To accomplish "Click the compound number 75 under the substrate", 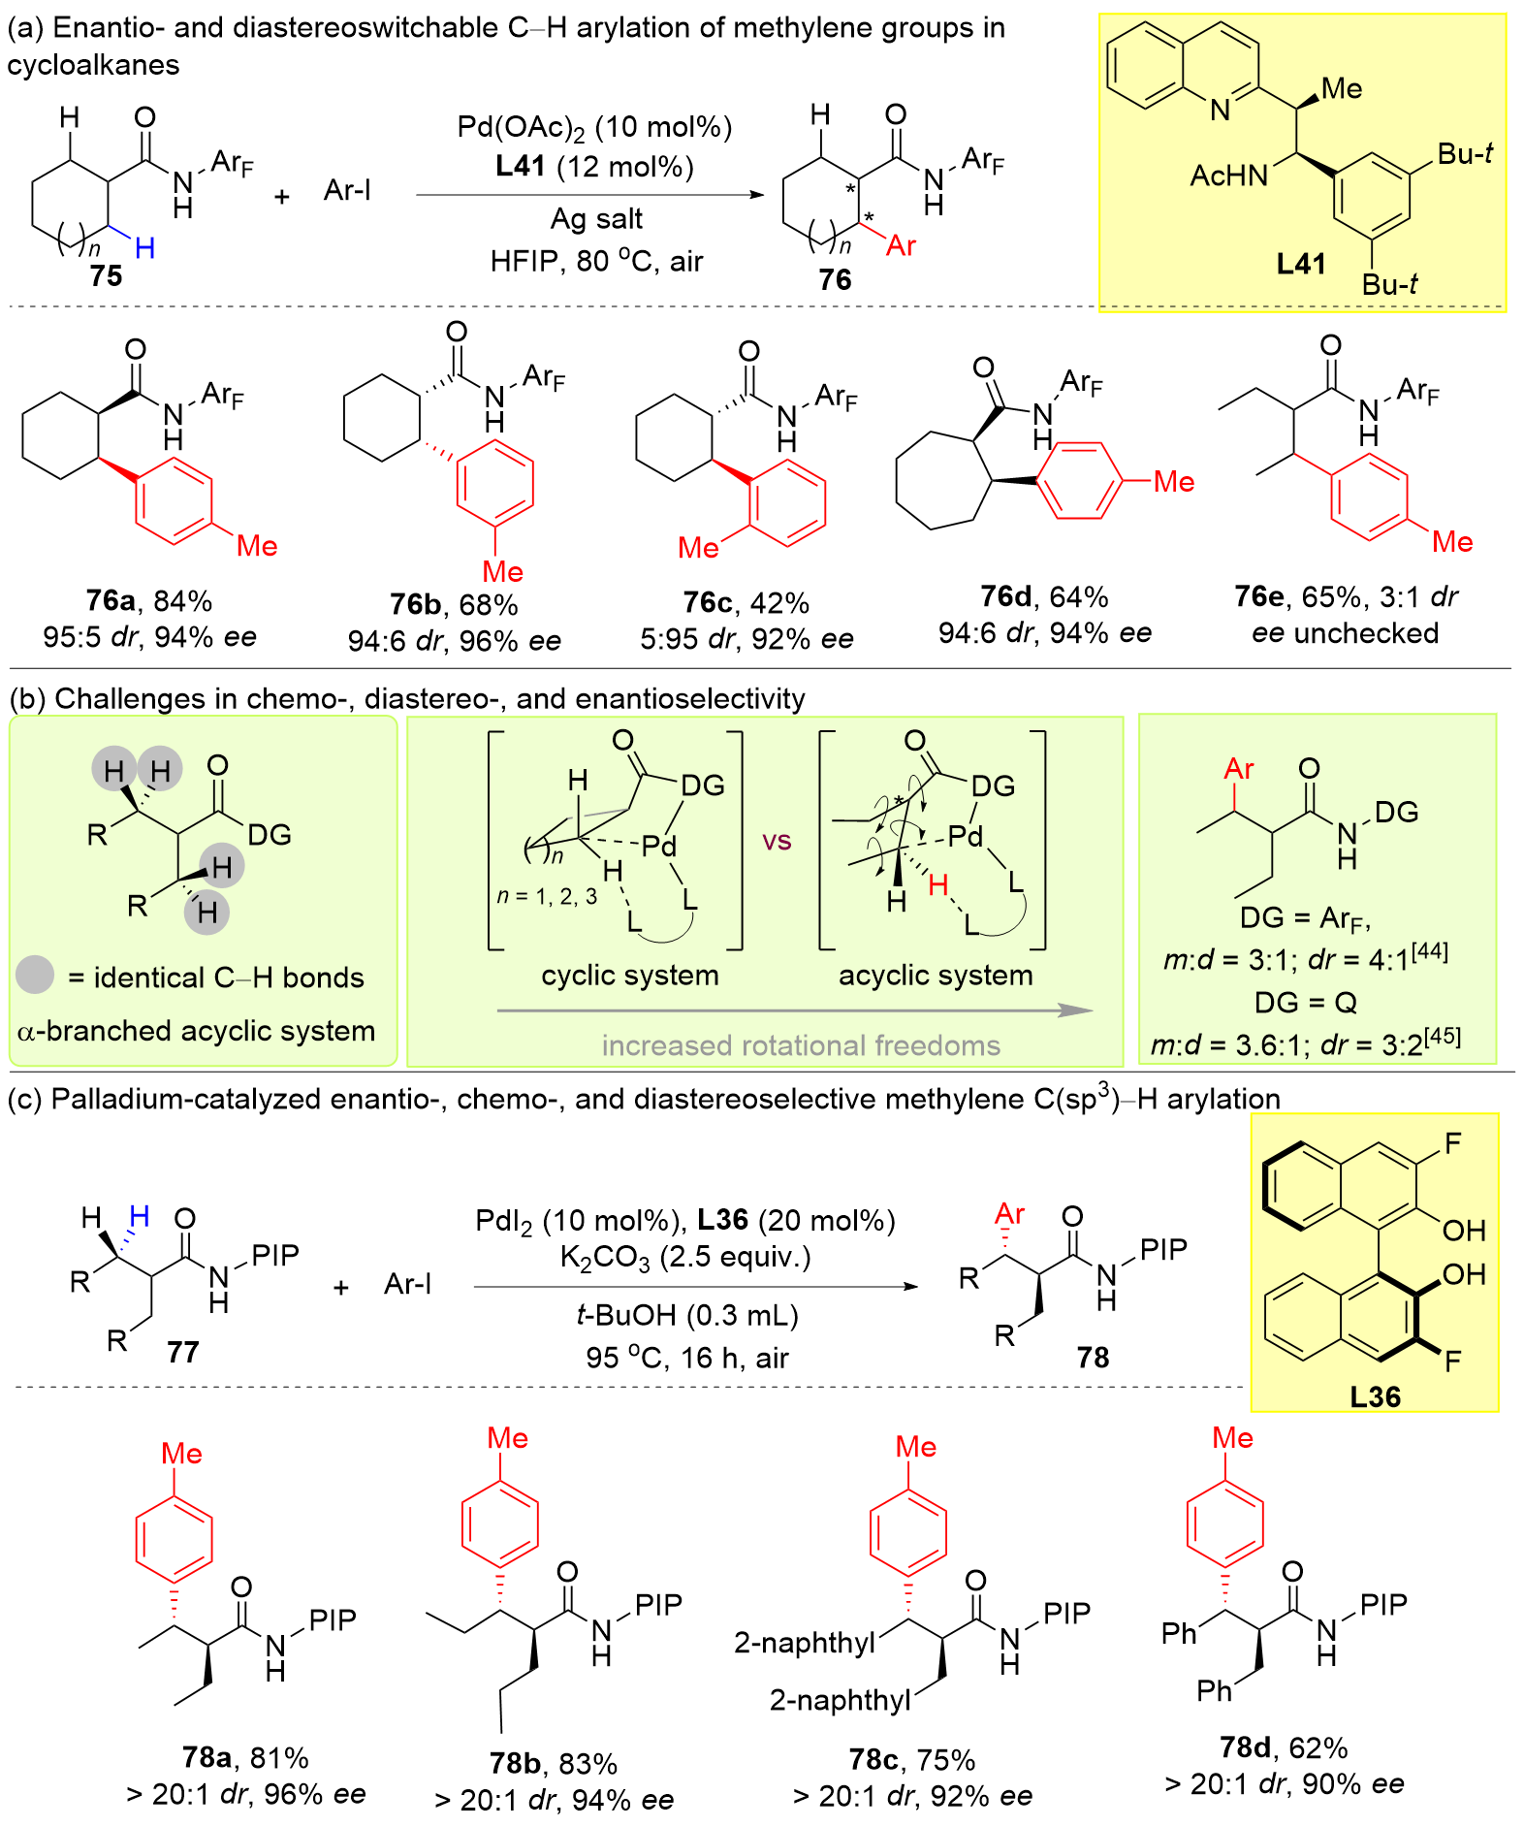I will pyautogui.click(x=106, y=276).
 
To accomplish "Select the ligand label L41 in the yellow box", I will pyautogui.click(x=1300, y=264).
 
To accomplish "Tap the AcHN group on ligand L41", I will pyautogui.click(x=1228, y=176).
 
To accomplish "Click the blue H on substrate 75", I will pyautogui.click(x=145, y=248).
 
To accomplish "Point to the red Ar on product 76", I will pyautogui.click(x=901, y=246).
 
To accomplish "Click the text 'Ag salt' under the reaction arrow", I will pyautogui.click(x=596, y=219).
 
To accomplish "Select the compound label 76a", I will pyautogui.click(x=110, y=601).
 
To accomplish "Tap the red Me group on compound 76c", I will pyautogui.click(x=698, y=548).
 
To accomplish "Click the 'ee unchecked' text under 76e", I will pyautogui.click(x=1345, y=633).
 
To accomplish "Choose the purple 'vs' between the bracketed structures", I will pyautogui.click(x=777, y=841).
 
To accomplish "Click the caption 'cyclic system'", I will pyautogui.click(x=630, y=976).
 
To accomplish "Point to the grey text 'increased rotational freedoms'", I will pyautogui.click(x=801, y=1045).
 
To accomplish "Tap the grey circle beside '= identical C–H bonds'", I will pyautogui.click(x=35, y=976).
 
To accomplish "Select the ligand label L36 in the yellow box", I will pyautogui.click(x=1375, y=1396).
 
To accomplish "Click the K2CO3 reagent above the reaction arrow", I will pyautogui.click(x=605, y=1258).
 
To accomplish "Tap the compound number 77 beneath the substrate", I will pyautogui.click(x=183, y=1352).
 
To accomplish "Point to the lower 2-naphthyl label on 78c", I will pyautogui.click(x=840, y=1700).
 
